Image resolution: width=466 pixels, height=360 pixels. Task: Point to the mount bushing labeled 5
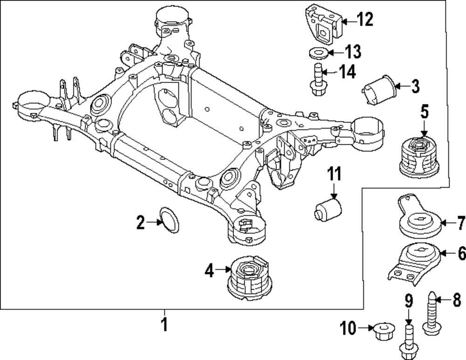(x=419, y=156)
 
